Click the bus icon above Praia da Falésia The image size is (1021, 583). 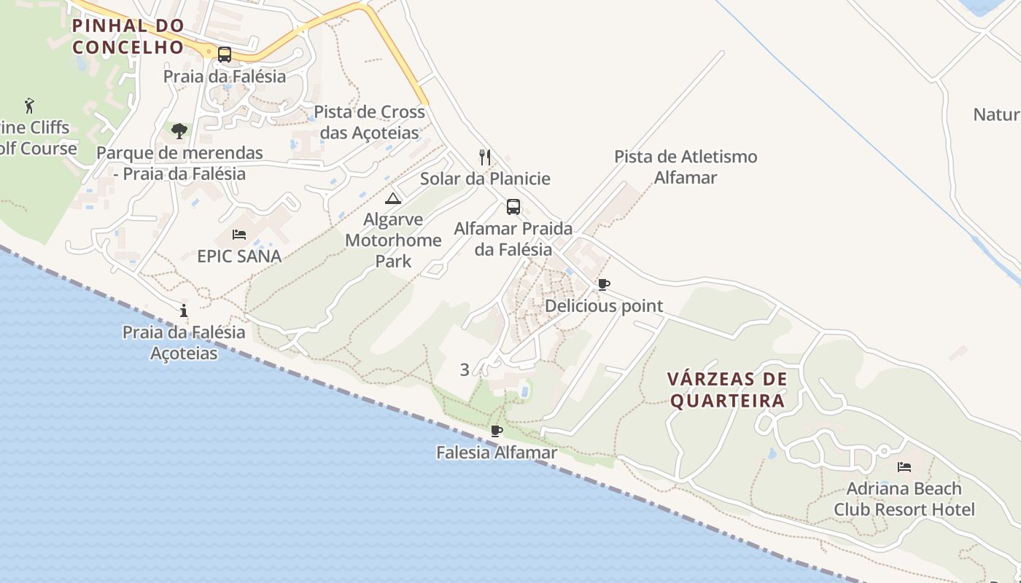(x=225, y=54)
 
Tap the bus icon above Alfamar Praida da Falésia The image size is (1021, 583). (x=513, y=206)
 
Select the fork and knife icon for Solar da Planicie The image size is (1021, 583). (x=485, y=157)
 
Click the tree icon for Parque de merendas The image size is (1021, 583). (x=179, y=131)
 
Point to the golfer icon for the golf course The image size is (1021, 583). (x=29, y=106)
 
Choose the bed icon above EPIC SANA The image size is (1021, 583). (x=239, y=235)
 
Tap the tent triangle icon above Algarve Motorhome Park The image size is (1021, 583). (x=393, y=198)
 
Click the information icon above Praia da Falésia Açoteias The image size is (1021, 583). (x=184, y=311)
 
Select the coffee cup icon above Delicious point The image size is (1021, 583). (x=603, y=284)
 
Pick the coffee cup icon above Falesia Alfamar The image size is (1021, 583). (x=497, y=431)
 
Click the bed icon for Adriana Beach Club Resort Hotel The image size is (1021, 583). (x=904, y=467)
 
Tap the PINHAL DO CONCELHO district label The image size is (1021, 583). (x=128, y=36)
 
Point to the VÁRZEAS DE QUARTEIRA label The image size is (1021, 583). (x=728, y=390)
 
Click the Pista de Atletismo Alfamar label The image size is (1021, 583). (x=686, y=167)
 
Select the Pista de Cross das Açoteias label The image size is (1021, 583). (x=370, y=122)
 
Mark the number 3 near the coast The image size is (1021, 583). (x=465, y=370)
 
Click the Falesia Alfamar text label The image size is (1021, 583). (x=497, y=453)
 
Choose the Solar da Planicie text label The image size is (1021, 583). (x=485, y=179)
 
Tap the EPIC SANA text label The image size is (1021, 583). (x=239, y=257)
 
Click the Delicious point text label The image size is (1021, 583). (x=604, y=306)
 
